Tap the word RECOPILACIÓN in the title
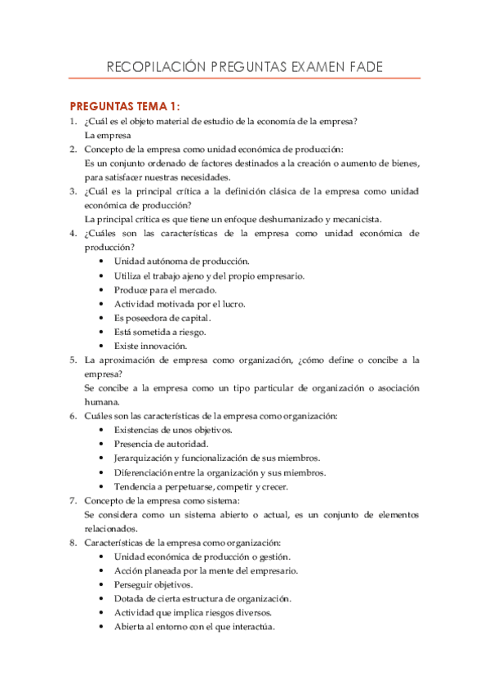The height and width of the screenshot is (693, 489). (152, 67)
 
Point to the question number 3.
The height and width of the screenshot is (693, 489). (73, 191)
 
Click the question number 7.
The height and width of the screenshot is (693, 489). (73, 500)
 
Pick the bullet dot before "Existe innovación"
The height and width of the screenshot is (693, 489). (100, 346)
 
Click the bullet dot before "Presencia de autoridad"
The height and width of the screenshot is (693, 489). (100, 444)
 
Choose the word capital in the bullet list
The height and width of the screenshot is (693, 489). (194, 318)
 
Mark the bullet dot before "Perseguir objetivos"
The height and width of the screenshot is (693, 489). (100, 584)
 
